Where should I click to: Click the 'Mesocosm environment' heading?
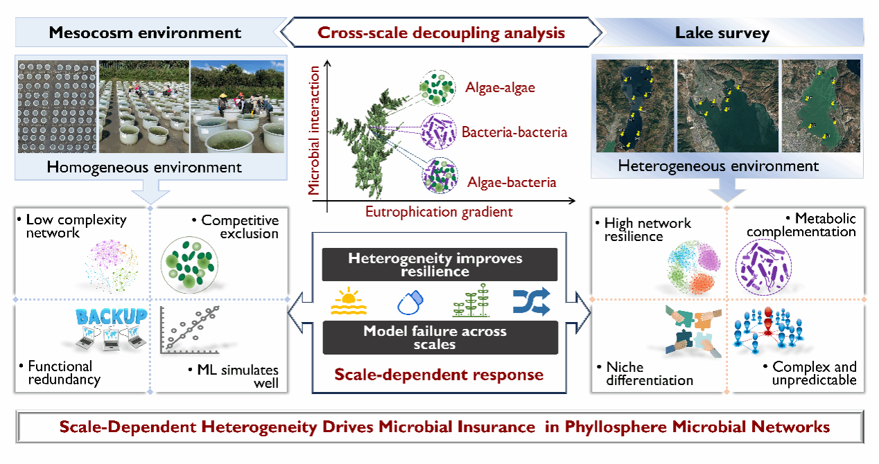144,33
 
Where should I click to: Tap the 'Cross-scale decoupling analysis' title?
441,33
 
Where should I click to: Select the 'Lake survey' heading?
722,33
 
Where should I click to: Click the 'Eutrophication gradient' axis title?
439,213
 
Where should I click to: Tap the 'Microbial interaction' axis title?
315,130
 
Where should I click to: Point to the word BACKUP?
111,316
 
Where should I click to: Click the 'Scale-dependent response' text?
439,375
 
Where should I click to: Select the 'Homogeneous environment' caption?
144,167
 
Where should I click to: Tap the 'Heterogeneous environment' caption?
718,166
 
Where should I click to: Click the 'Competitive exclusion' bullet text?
240,226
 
